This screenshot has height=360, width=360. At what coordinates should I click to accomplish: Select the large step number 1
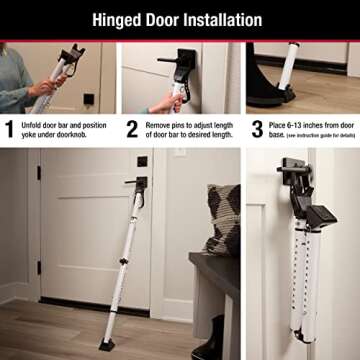coord(10,127)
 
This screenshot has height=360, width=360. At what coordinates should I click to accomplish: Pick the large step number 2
coord(131,127)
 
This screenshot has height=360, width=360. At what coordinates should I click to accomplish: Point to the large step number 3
coord(256,127)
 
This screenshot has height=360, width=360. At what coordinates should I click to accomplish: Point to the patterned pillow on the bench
coord(224,219)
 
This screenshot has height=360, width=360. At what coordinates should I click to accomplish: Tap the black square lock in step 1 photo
coord(89,98)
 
